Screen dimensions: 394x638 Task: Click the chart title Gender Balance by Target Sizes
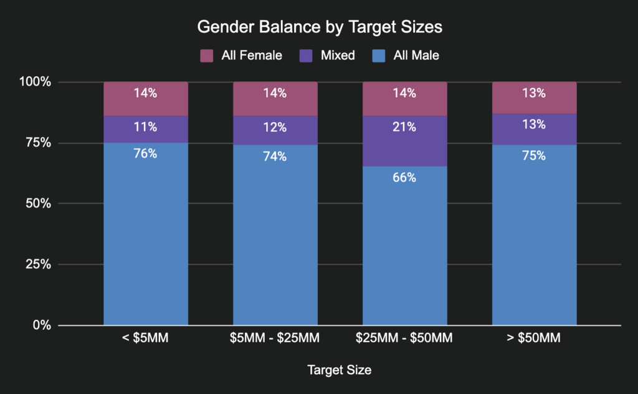[320, 27]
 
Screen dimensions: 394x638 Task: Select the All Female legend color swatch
[207, 55]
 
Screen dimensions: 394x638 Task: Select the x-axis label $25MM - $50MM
[404, 339]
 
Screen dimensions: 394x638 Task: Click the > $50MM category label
[535, 339]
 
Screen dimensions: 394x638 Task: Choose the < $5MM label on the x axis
[146, 339]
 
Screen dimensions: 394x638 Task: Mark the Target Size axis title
[339, 370]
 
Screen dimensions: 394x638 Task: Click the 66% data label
[404, 178]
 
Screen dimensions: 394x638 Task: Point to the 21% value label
[404, 127]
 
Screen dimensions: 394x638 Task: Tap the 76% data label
[146, 153]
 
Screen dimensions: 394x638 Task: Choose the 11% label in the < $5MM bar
[146, 127]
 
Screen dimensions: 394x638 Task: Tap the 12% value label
[275, 127]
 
